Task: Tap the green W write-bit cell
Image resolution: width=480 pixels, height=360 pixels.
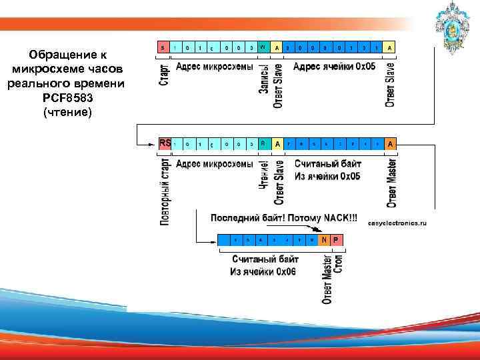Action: [263, 48]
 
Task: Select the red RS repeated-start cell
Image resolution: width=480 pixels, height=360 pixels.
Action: [165, 143]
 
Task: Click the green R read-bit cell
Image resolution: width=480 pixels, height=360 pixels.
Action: [263, 143]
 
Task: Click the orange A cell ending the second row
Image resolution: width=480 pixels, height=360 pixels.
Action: [390, 143]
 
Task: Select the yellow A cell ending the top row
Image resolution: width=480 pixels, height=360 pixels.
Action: [390, 48]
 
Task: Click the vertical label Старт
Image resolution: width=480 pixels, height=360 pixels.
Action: [164, 74]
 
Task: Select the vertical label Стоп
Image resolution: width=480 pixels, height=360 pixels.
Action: [338, 263]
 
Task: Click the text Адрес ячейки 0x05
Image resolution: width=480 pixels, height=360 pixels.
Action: [334, 67]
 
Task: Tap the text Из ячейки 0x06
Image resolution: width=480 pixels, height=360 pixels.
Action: [263, 271]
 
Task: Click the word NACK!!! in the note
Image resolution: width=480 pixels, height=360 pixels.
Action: [340, 218]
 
